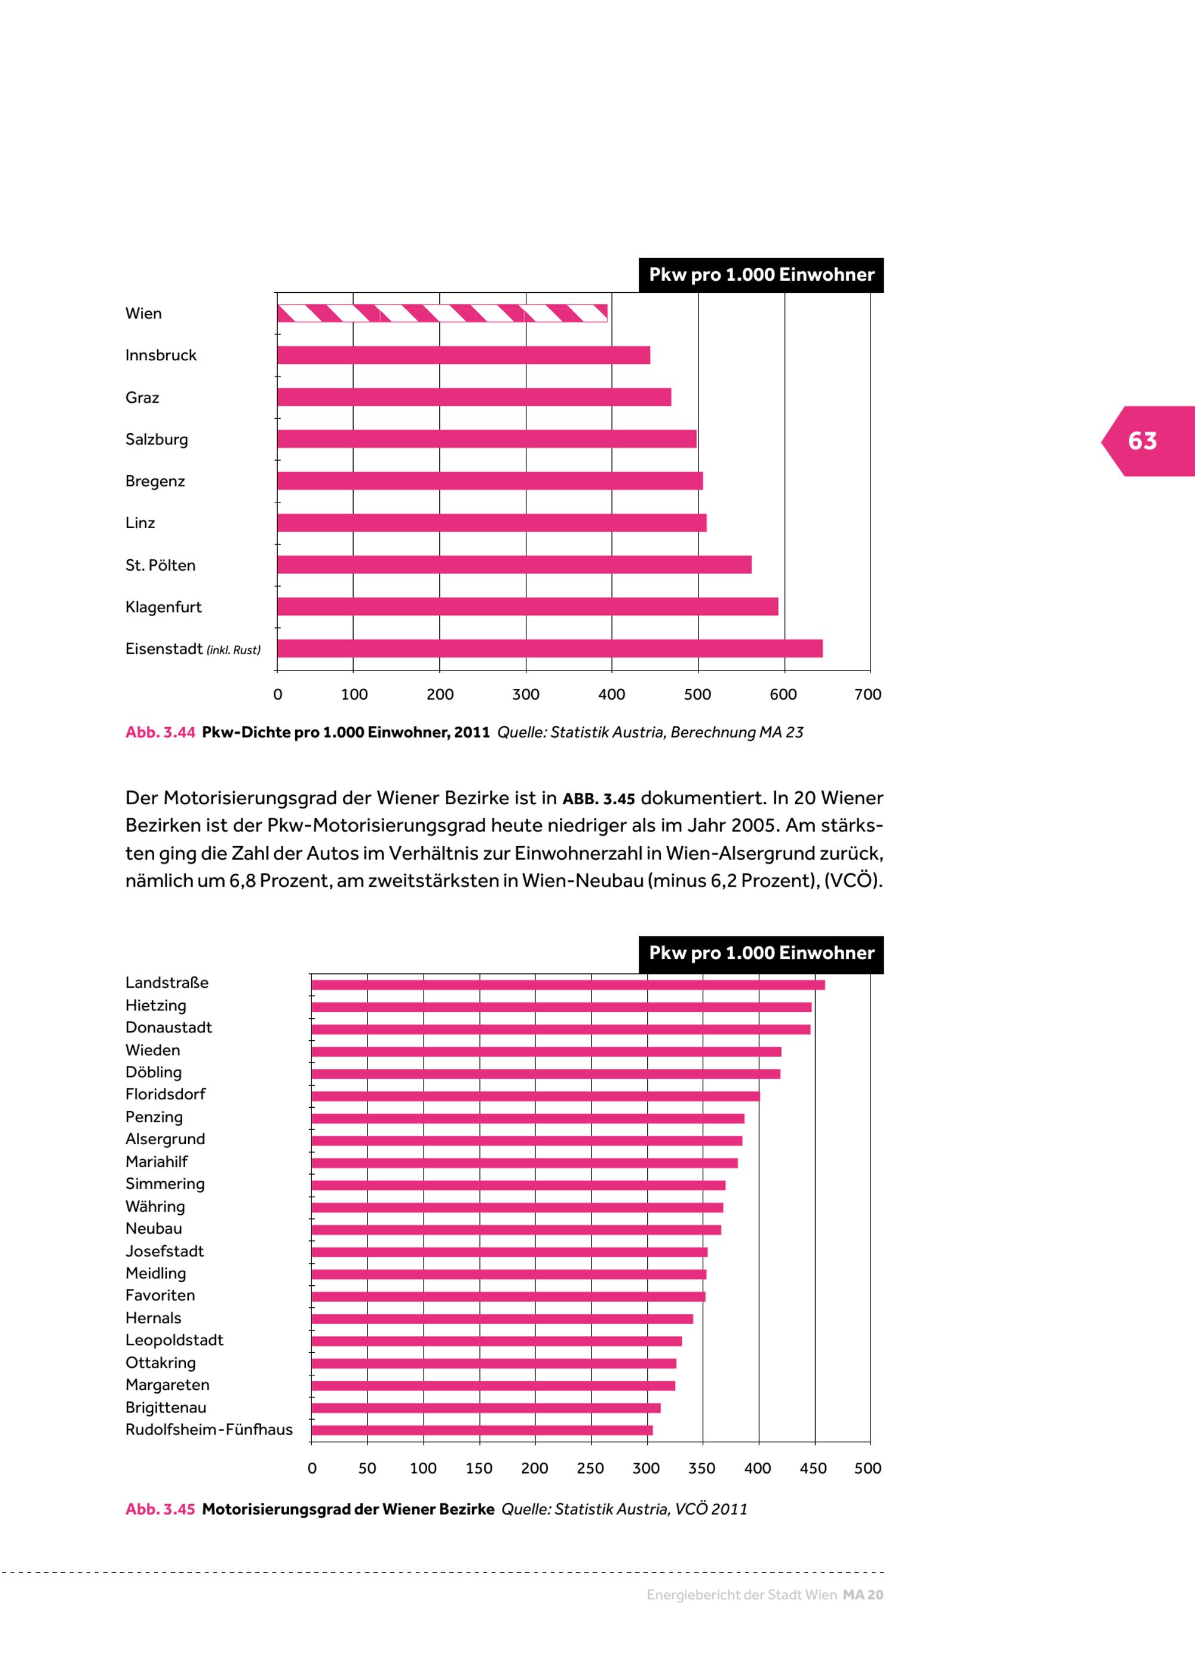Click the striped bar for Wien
click(442, 314)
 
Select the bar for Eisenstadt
click(550, 648)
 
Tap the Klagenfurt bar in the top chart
click(528, 606)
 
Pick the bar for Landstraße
click(568, 984)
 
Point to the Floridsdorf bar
click(535, 1096)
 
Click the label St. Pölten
click(160, 565)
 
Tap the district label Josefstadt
click(164, 1251)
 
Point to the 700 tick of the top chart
click(868, 694)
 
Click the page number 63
click(1142, 441)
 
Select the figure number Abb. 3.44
click(160, 733)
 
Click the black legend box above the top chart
click(761, 275)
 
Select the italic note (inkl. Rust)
click(233, 650)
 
